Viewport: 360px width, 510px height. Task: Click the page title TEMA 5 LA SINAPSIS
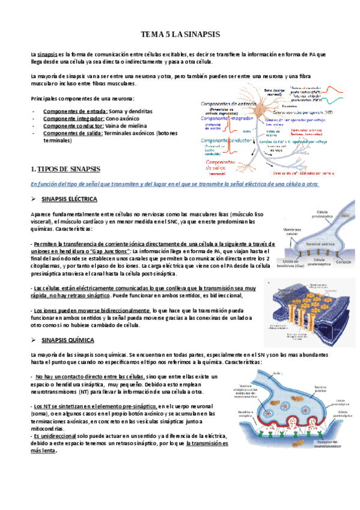coord(180,34)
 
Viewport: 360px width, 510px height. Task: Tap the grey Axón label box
coord(344,214)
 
